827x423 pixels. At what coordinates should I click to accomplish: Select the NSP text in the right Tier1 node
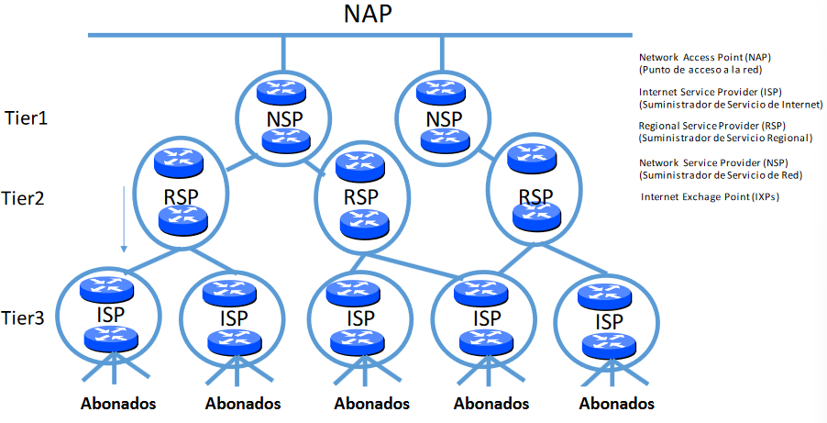click(444, 120)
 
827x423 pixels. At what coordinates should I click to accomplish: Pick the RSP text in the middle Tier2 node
click(359, 197)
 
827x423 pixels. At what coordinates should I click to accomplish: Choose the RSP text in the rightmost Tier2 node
click(535, 197)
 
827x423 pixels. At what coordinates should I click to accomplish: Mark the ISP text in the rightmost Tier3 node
click(604, 322)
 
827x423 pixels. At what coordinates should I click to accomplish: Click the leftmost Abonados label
click(118, 403)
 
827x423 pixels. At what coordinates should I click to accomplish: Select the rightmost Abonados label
click(617, 403)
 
